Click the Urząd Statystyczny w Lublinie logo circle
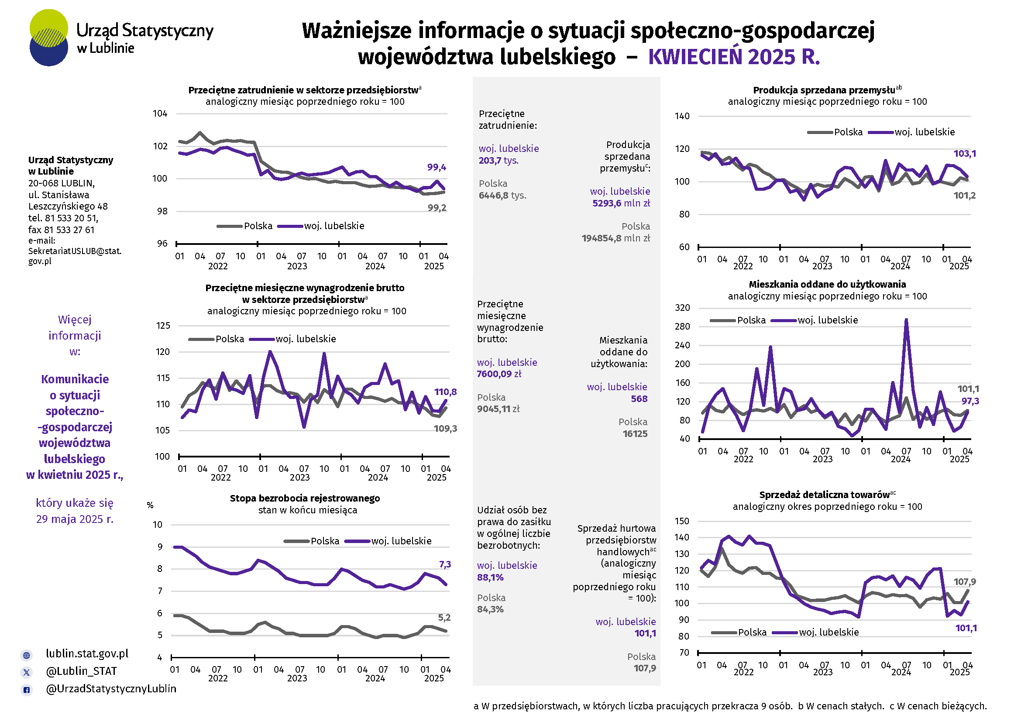[48, 38]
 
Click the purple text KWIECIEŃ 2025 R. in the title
[734, 57]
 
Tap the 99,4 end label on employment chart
[436, 168]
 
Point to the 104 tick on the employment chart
[160, 114]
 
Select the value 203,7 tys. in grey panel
[498, 161]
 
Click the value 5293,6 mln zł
[621, 203]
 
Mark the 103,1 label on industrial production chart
[965, 154]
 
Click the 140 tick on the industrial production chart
[682, 117]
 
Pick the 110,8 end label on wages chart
[445, 392]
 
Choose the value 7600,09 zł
[499, 374]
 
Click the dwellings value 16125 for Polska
[635, 434]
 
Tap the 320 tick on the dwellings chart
[682, 308]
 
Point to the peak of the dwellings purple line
[906, 320]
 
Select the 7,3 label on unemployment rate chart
[445, 564]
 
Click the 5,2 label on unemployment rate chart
[444, 618]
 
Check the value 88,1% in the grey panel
[490, 578]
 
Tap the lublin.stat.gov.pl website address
[87, 653]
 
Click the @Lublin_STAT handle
[81, 671]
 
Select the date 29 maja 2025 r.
[75, 519]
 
